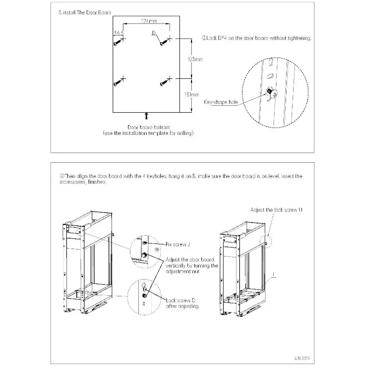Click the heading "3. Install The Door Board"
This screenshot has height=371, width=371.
coord(82,13)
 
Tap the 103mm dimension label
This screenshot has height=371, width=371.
coord(194,59)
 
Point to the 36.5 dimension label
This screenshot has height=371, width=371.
coord(119,33)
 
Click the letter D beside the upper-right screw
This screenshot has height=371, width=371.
coord(154,33)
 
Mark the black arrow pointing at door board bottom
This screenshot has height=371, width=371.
coord(147,115)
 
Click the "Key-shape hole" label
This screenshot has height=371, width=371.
coord(222,102)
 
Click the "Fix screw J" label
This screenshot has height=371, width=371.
coord(179,243)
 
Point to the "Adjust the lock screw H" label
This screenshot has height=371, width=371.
coord(276,210)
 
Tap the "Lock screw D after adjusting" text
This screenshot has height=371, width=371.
coord(183,303)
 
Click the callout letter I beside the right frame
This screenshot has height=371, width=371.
coord(274,275)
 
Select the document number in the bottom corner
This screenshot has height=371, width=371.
coord(301,358)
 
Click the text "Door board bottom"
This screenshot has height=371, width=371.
coord(148,127)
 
